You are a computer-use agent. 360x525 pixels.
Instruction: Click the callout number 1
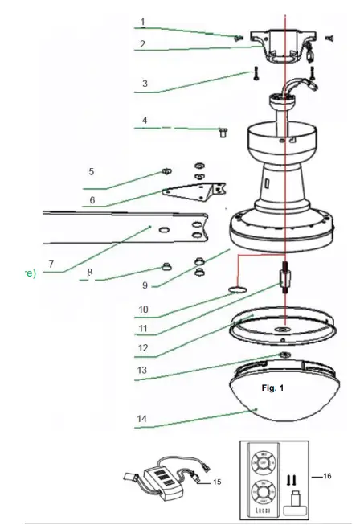(142, 22)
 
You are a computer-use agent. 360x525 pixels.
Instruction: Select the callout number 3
(145, 83)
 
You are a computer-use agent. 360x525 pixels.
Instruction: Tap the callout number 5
(92, 171)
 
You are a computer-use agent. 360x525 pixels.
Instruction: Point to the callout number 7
(51, 263)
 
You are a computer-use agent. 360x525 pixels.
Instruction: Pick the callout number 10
(143, 307)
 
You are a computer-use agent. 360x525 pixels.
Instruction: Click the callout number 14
(143, 419)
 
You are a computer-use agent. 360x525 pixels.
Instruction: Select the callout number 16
(328, 477)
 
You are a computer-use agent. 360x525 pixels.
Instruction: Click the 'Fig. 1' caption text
(273, 388)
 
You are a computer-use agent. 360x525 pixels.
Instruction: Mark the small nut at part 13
(284, 355)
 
